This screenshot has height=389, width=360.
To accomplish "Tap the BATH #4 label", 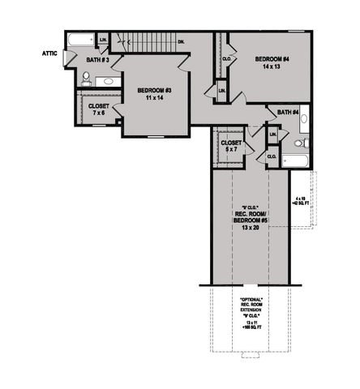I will coord(288,112).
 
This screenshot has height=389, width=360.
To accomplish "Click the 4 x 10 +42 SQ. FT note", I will coord(301,199).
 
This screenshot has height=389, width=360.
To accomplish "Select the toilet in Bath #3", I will coord(85,79).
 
